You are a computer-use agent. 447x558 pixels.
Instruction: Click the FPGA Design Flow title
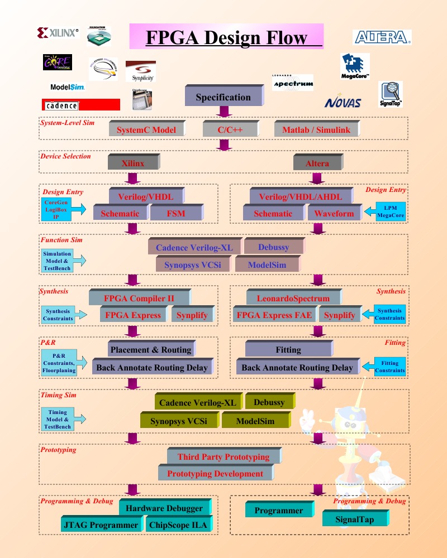[x=226, y=37]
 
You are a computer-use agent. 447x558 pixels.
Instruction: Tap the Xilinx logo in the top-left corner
[x=58, y=33]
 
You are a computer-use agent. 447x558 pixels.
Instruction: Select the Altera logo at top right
[x=382, y=37]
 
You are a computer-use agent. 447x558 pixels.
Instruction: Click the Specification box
[x=223, y=97]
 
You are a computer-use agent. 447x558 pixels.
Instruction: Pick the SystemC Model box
[x=146, y=130]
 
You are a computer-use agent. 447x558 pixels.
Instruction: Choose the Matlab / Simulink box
[x=316, y=130]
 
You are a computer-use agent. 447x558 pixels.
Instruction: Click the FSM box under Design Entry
[x=176, y=213]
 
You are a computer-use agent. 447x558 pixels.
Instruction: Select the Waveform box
[x=334, y=213]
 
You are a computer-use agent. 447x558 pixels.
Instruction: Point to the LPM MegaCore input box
[x=390, y=211]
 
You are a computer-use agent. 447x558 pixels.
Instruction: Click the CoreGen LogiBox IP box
[x=56, y=209]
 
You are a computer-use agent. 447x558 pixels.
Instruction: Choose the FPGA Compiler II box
[x=139, y=298]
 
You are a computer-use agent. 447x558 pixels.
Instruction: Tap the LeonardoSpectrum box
[x=293, y=298]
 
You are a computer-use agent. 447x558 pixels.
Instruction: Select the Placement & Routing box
[x=150, y=350]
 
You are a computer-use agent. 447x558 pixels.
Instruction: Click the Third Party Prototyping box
[x=223, y=456]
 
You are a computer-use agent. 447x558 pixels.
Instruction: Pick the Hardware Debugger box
[x=164, y=508]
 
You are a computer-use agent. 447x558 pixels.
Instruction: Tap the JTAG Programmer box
[x=101, y=525]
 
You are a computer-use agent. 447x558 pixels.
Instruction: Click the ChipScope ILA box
[x=178, y=525]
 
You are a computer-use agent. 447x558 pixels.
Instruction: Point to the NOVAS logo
[x=343, y=103]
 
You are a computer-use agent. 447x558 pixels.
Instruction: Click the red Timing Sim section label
[x=58, y=395]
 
